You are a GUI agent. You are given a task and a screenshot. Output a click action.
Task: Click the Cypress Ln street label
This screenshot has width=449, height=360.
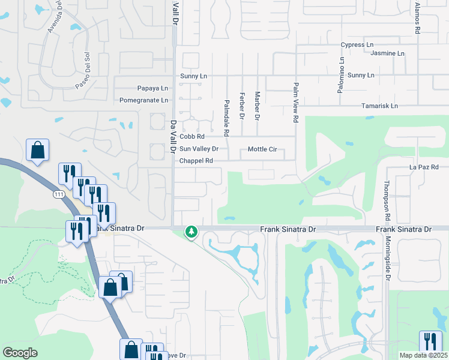tap(357, 45)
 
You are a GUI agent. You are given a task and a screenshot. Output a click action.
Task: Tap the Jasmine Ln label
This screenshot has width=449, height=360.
tap(387, 53)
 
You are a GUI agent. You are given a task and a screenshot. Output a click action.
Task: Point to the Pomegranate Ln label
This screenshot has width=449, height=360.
tap(143, 100)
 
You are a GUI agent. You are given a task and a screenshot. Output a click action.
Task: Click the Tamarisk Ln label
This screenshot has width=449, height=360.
tap(379, 106)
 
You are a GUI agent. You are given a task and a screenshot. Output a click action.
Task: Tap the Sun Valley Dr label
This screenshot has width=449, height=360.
tap(199, 149)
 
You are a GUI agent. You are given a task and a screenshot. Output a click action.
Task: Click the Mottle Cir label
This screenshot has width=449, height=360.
tap(262, 149)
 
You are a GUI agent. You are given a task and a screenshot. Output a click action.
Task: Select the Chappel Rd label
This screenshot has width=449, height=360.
tap(196, 161)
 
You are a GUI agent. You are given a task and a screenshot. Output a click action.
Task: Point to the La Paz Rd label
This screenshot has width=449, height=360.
tap(424, 167)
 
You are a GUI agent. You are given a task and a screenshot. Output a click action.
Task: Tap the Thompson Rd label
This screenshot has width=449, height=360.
tap(387, 201)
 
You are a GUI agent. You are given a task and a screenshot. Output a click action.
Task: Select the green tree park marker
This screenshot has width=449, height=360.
tap(191, 231)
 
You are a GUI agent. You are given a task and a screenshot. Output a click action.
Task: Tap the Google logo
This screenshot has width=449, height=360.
tap(20, 353)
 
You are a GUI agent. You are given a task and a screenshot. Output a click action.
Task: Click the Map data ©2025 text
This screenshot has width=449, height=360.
tap(423, 355)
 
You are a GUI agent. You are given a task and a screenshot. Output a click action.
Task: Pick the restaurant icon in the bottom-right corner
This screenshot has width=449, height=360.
tap(430, 341)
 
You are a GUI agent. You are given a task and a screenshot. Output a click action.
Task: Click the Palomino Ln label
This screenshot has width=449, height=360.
tap(342, 79)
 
